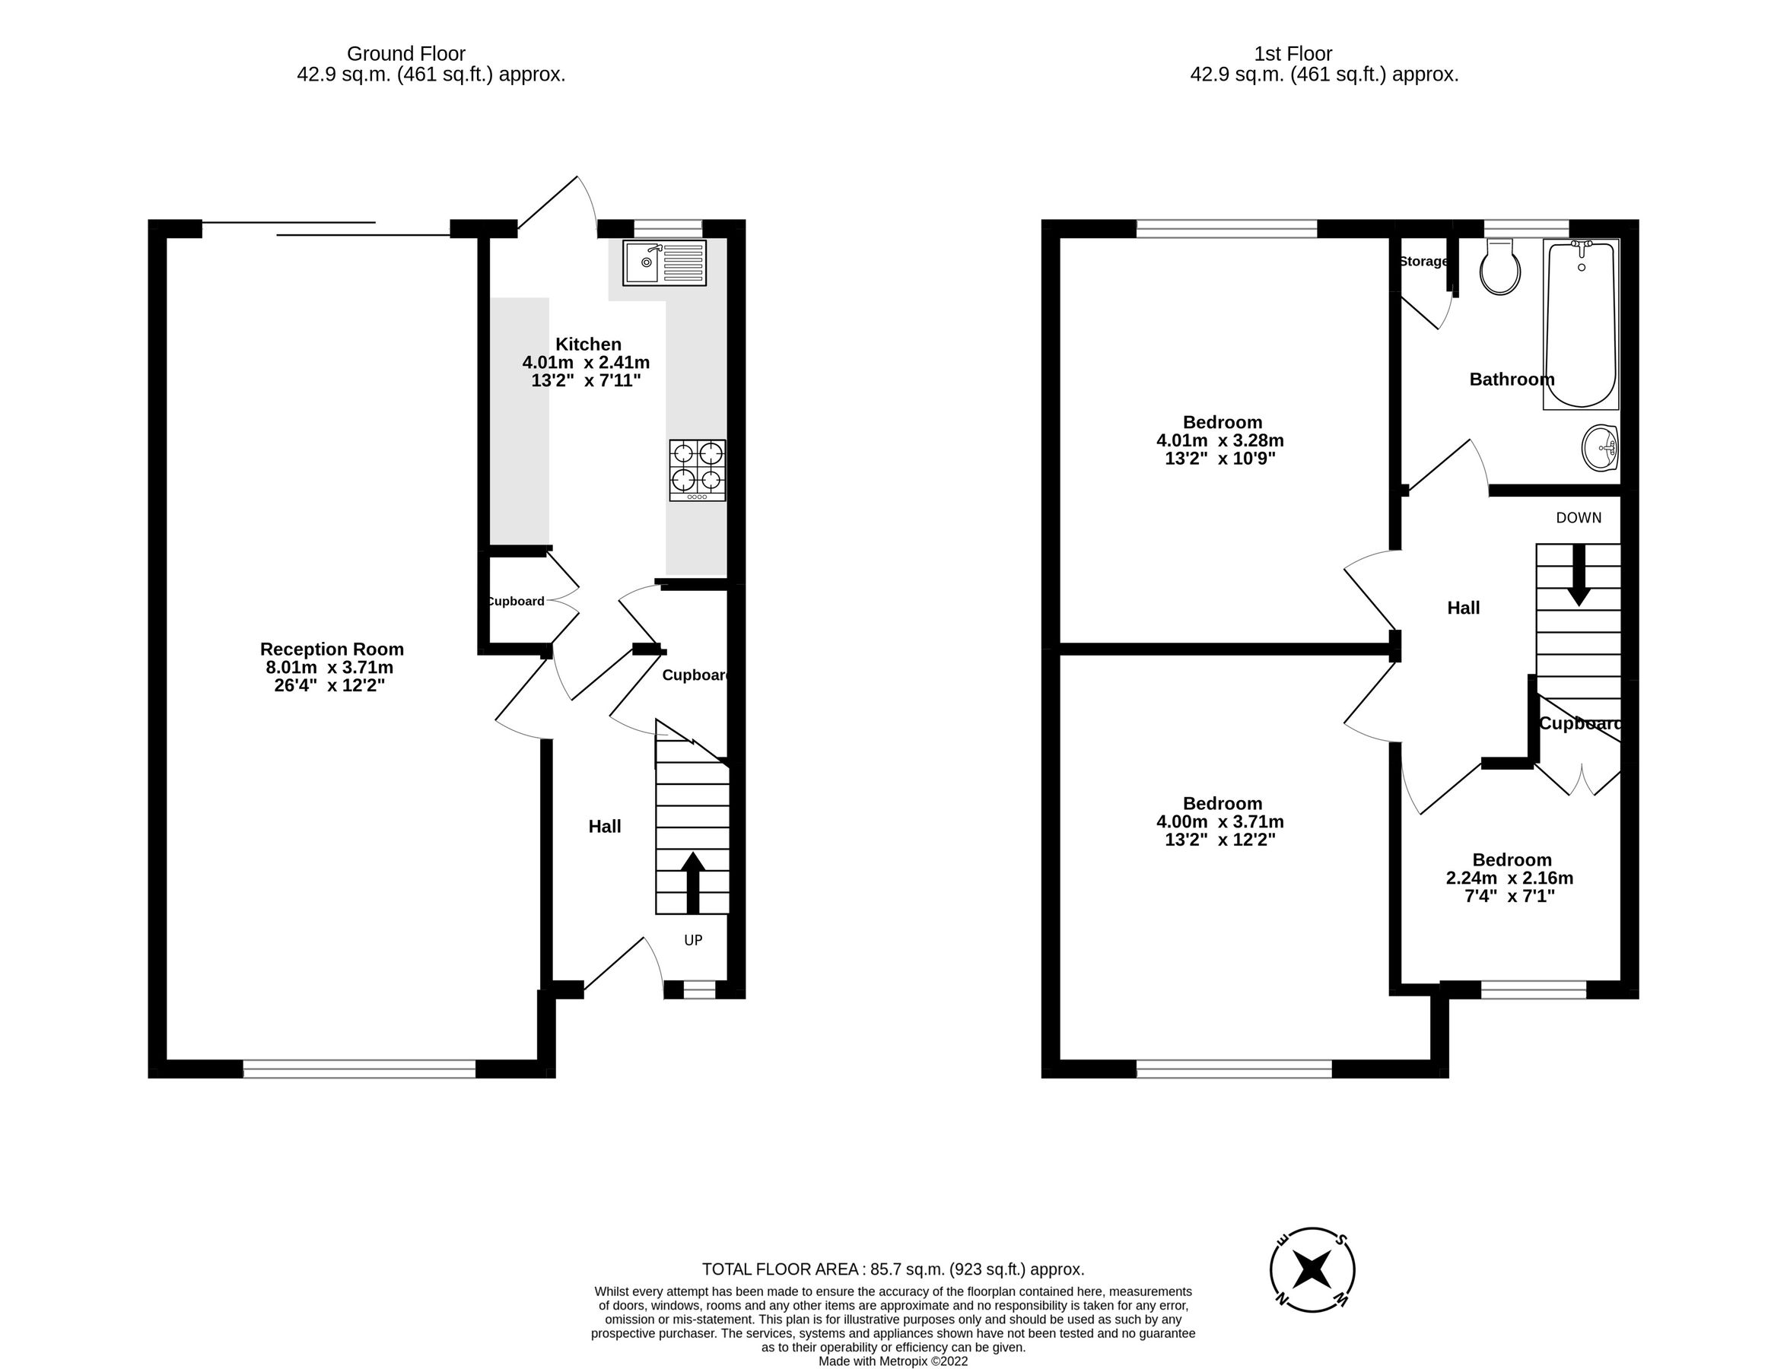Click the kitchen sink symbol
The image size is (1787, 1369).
click(x=664, y=262)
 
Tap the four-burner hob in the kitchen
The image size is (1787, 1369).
click(x=698, y=470)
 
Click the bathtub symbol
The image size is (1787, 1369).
click(x=1581, y=324)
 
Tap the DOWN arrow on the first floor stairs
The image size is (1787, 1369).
click(x=1579, y=575)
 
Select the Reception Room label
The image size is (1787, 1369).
click(x=332, y=649)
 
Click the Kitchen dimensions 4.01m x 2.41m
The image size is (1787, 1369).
click(x=586, y=363)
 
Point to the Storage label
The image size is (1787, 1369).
click(x=1423, y=262)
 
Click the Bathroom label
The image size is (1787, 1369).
click(x=1511, y=380)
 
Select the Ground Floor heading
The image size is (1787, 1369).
click(x=405, y=54)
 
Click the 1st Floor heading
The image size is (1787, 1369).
click(x=1293, y=54)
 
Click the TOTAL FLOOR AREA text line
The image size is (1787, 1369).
click(x=893, y=1269)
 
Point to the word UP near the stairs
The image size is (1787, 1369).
click(x=692, y=940)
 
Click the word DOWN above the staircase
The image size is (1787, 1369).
click(x=1579, y=517)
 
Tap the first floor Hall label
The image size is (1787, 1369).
click(x=1464, y=608)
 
